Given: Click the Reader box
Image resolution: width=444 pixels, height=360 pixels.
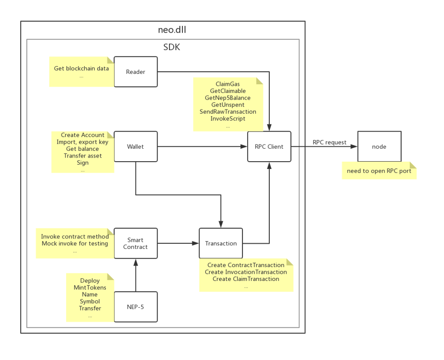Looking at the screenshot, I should (x=135, y=72).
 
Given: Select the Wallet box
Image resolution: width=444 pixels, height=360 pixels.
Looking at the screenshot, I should (x=135, y=146).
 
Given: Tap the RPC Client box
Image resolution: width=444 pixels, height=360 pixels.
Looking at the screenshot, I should (x=269, y=146).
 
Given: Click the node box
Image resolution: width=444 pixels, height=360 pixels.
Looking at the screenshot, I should (x=379, y=146).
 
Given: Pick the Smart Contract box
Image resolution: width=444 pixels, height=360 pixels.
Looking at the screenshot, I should (x=135, y=243).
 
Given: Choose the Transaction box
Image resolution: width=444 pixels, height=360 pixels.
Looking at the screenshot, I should (x=221, y=243).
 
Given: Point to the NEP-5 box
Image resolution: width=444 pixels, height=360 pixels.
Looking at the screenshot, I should (x=135, y=307).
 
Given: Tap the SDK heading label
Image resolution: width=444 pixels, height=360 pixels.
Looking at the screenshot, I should (x=172, y=47).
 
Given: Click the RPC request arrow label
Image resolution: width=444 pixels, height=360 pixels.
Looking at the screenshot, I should (x=329, y=142).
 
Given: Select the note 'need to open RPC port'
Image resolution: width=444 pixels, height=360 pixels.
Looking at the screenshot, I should (x=379, y=171).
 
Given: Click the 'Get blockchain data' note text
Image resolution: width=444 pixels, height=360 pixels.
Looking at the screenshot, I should (x=82, y=68).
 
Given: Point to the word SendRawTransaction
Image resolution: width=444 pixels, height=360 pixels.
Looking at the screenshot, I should (x=227, y=112).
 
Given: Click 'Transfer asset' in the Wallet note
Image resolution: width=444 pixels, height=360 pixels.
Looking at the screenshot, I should (x=83, y=155).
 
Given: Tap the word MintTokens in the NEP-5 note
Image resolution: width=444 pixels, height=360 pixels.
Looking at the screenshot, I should (x=90, y=288).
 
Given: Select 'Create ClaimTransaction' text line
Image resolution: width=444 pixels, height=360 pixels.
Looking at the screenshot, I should (x=246, y=279).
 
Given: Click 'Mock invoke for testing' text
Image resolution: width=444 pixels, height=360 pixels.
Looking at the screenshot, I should (x=75, y=243).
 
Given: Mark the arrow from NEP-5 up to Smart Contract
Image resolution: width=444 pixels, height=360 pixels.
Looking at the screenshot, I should (x=135, y=276).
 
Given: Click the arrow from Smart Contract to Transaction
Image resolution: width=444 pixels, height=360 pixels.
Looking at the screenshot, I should (x=178, y=243).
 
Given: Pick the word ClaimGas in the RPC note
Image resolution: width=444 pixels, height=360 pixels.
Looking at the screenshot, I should (x=227, y=84).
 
